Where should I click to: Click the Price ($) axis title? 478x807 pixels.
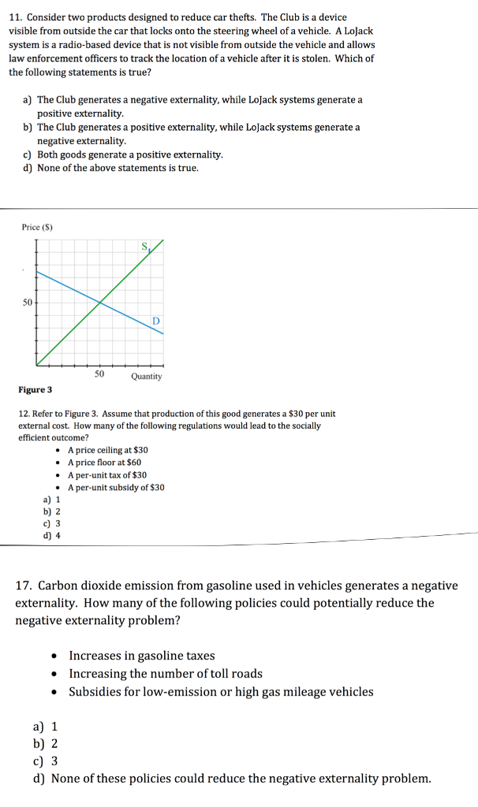pyautogui.click(x=36, y=228)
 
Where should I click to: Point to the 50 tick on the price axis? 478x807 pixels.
pyautogui.click(x=28, y=302)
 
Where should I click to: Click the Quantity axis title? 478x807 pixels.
pyautogui.click(x=147, y=376)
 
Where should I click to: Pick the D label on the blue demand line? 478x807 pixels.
pyautogui.click(x=155, y=321)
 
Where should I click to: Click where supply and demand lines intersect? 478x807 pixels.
pyautogui.click(x=100, y=302)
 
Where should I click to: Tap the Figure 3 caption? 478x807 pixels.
pyautogui.click(x=35, y=390)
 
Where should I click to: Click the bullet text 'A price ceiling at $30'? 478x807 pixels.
pyautogui.click(x=107, y=450)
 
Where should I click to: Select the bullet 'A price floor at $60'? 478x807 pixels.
pyautogui.click(x=104, y=463)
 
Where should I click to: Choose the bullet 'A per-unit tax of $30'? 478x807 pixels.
pyautogui.click(x=106, y=475)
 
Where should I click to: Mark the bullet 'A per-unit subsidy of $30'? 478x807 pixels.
pyautogui.click(x=116, y=488)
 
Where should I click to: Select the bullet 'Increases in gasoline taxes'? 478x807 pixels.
pyautogui.click(x=142, y=656)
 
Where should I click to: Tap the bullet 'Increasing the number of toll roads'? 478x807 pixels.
pyautogui.click(x=166, y=674)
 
